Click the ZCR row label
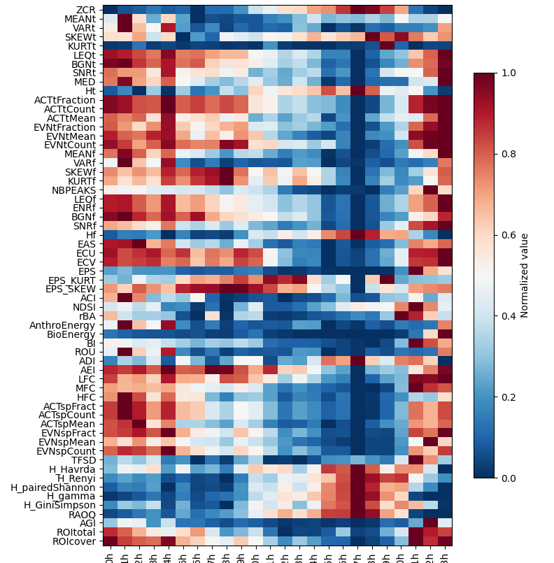[87, 9]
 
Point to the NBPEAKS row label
[75, 190]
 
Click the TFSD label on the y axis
[85, 459]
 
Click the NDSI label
[85, 307]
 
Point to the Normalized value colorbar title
[525, 276]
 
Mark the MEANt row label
[80, 18]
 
